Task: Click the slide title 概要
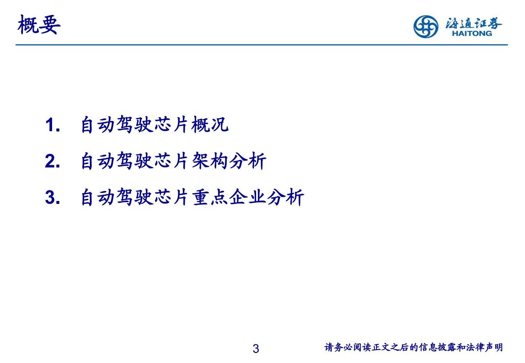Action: (x=39, y=25)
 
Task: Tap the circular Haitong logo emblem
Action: (x=426, y=26)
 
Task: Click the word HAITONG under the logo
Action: (x=472, y=33)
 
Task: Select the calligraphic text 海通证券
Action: (x=474, y=23)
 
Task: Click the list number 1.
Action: (x=52, y=125)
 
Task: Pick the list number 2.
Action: (x=52, y=161)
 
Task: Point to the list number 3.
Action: (x=52, y=198)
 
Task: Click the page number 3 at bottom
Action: (x=256, y=349)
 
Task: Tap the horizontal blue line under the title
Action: (x=261, y=45)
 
